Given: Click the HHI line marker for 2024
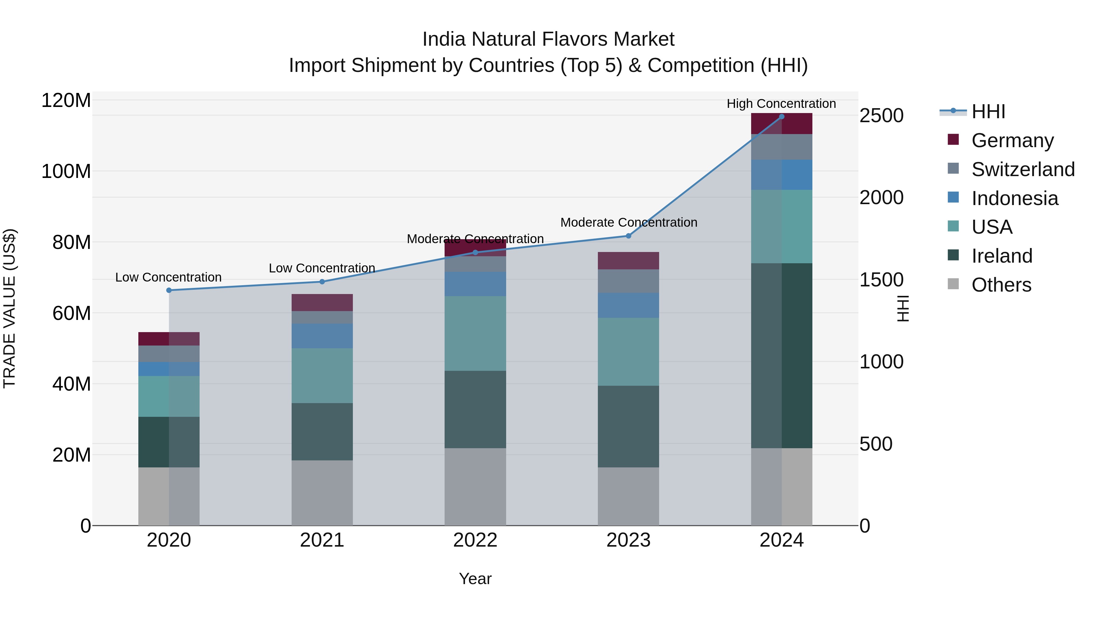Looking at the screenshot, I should pyautogui.click(x=781, y=116).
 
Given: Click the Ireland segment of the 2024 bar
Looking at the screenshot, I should pyautogui.click(x=781, y=356).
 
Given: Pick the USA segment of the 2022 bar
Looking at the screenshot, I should pyautogui.click(x=475, y=333).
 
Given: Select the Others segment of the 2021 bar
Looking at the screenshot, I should pyautogui.click(x=322, y=493).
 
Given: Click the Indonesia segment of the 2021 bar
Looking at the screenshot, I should pyautogui.click(x=322, y=336).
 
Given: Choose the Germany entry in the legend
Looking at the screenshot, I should pyautogui.click(x=1012, y=140).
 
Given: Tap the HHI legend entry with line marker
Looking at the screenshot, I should pyautogui.click(x=988, y=112).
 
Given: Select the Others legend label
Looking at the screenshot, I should pyautogui.click(x=1001, y=285).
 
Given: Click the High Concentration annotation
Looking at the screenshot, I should pyautogui.click(x=781, y=104).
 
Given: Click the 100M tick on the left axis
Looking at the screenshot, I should pyautogui.click(x=66, y=172).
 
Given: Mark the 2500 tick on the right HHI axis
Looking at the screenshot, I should pyautogui.click(x=881, y=116).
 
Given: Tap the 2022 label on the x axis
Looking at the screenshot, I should pyautogui.click(x=475, y=540).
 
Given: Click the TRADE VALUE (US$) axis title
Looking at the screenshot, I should pyautogui.click(x=9, y=308).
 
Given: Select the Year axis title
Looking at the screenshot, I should pyautogui.click(x=475, y=579).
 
